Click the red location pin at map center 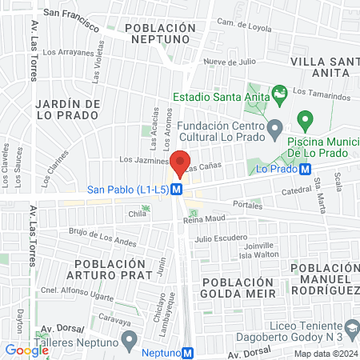180,161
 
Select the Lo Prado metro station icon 306,168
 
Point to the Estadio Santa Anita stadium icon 279,94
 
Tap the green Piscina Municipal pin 305,121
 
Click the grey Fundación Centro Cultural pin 274,127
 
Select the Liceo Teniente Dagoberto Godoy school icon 351,328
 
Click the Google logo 27,350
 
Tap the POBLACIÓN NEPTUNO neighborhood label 161,33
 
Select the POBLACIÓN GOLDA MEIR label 238,288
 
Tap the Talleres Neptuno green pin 128,342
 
